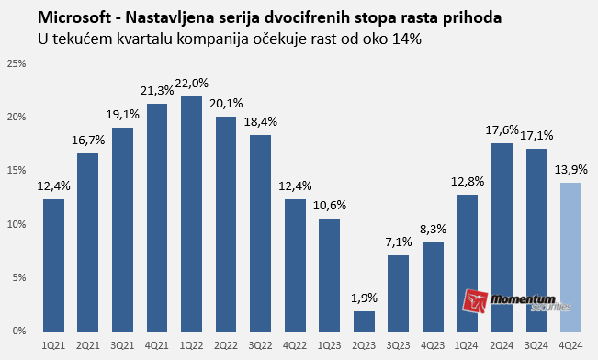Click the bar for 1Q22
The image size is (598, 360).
coord(192,213)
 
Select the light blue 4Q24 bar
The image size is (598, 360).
coord(570,256)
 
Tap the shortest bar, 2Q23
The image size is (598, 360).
coord(364,321)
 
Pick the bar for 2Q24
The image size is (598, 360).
coord(502,237)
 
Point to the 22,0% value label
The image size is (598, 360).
coord(192,83)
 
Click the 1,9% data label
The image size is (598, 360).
coord(364,298)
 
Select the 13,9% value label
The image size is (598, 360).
coord(570,169)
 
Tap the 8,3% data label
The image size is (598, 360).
coord(433,229)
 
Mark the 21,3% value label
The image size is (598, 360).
coord(157,90)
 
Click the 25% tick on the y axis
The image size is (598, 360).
coord(16,63)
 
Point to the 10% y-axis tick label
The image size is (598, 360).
coord(16,224)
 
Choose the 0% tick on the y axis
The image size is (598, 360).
coord(18,331)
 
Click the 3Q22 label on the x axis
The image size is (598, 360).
coord(261,344)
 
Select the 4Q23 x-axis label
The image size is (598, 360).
coord(433,344)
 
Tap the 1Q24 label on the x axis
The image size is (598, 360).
coord(467,344)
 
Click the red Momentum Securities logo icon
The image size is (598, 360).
coord(477,302)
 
